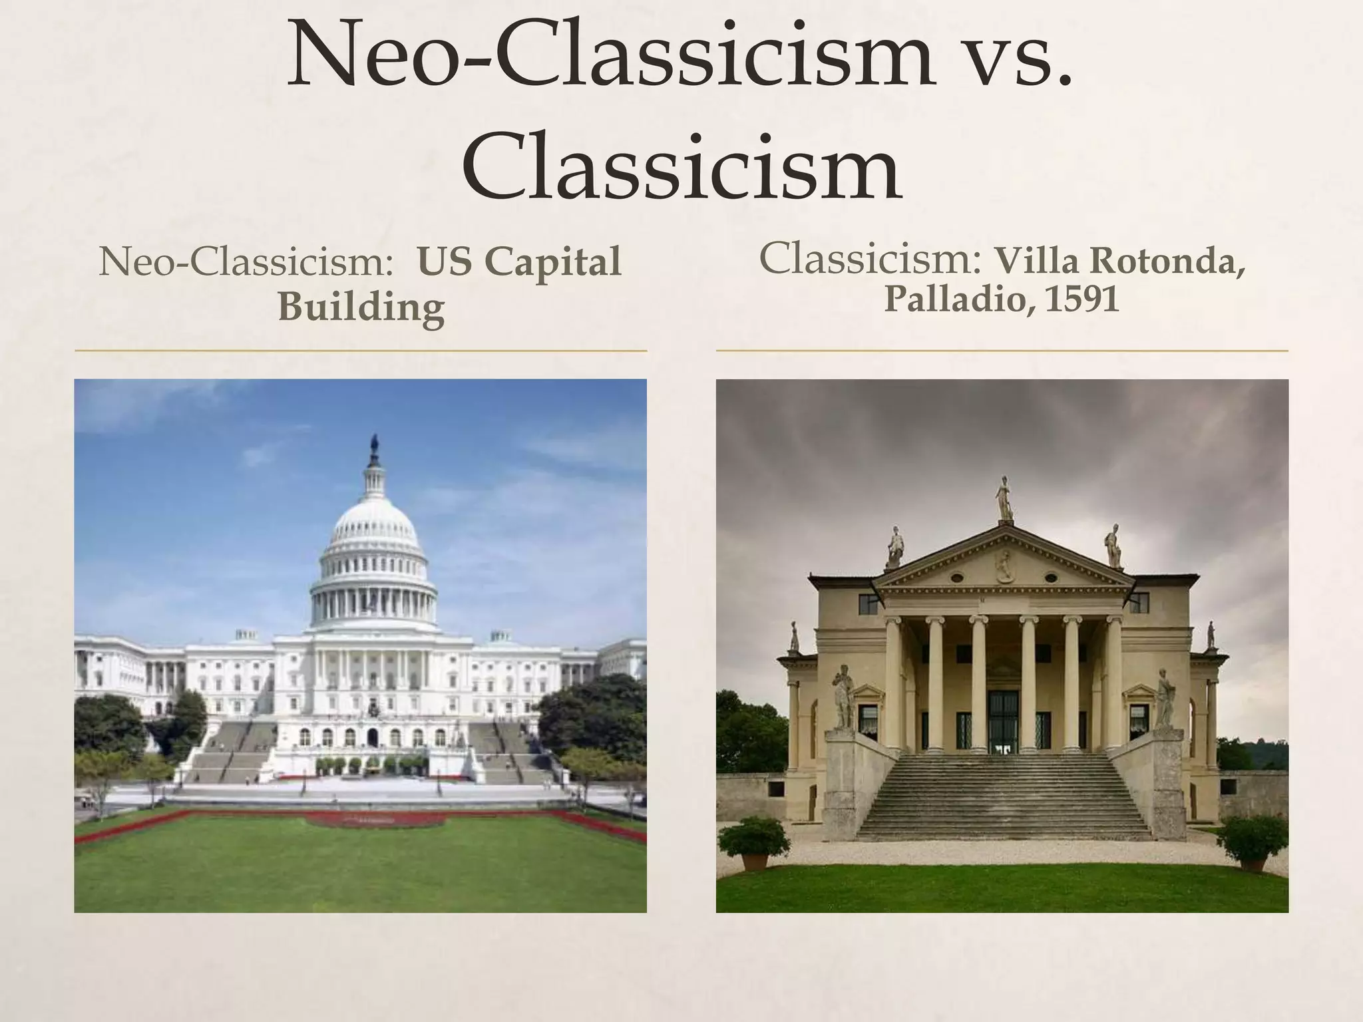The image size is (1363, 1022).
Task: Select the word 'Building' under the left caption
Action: (361, 307)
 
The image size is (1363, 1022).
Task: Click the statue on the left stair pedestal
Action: (843, 696)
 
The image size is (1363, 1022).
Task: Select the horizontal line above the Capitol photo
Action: (360, 350)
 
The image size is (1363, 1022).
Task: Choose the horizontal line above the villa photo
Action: (1002, 350)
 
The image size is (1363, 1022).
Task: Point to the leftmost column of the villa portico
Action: (892, 682)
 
